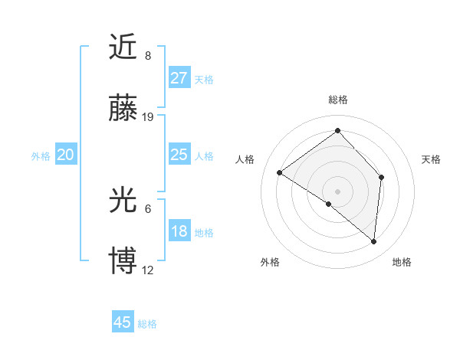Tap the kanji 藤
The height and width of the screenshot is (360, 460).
point(123,110)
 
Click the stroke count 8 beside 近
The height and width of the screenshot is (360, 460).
point(148,55)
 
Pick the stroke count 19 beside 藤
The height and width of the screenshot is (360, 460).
point(148,117)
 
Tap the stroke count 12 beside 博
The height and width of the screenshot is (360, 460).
point(148,270)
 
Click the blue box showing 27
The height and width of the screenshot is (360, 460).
point(179,77)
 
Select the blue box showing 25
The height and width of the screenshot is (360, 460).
point(179,155)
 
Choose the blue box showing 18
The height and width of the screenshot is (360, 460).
point(179,231)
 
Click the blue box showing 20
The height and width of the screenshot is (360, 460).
point(66,155)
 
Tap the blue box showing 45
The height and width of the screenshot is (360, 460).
point(123,322)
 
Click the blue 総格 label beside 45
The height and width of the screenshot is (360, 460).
point(147,324)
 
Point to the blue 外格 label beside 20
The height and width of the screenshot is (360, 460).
point(41,156)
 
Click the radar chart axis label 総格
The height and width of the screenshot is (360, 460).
point(337,100)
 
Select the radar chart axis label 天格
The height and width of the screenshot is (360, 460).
point(431,159)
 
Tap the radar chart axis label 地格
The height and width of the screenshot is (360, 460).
point(402,262)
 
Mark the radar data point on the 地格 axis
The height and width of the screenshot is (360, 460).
point(373,241)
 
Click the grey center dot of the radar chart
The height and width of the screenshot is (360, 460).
point(337,191)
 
